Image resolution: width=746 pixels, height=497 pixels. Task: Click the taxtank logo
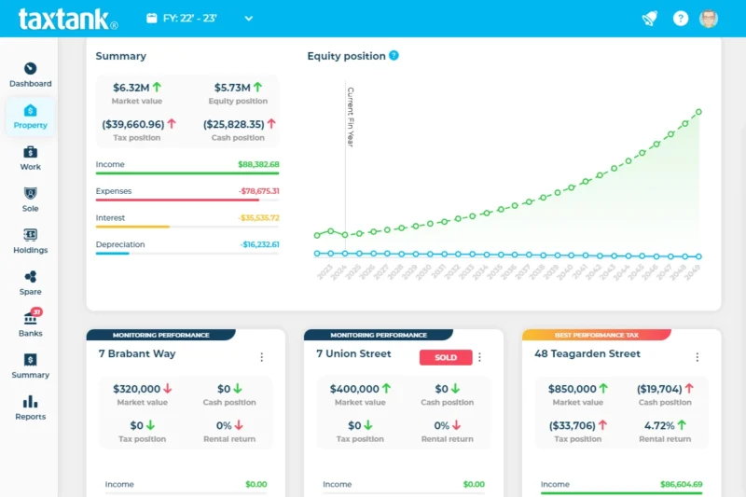(x=67, y=19)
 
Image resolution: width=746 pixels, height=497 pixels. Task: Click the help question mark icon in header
(x=681, y=19)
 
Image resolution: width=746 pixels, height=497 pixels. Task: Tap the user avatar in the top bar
(x=709, y=19)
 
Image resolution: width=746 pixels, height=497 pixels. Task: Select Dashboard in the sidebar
(x=30, y=75)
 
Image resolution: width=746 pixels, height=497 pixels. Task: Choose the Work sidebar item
(x=30, y=158)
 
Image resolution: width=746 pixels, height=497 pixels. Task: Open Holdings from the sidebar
(x=30, y=241)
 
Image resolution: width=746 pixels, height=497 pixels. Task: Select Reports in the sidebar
(x=30, y=407)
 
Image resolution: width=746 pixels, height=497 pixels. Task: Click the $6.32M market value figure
(x=131, y=88)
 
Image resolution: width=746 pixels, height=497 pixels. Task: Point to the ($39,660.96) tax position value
(x=132, y=124)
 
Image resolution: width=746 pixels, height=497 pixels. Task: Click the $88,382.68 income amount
(x=258, y=164)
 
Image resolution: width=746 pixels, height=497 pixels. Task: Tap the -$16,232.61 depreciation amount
(x=259, y=244)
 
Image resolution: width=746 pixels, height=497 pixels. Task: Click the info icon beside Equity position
(x=394, y=56)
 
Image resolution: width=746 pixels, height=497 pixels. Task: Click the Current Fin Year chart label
(x=351, y=117)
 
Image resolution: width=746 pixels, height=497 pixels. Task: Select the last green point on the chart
(x=698, y=112)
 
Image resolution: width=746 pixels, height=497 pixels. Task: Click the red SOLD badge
(x=446, y=357)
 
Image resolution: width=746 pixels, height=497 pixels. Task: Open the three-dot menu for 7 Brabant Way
(x=261, y=357)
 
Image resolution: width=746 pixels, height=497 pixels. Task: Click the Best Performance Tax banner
(x=596, y=335)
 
